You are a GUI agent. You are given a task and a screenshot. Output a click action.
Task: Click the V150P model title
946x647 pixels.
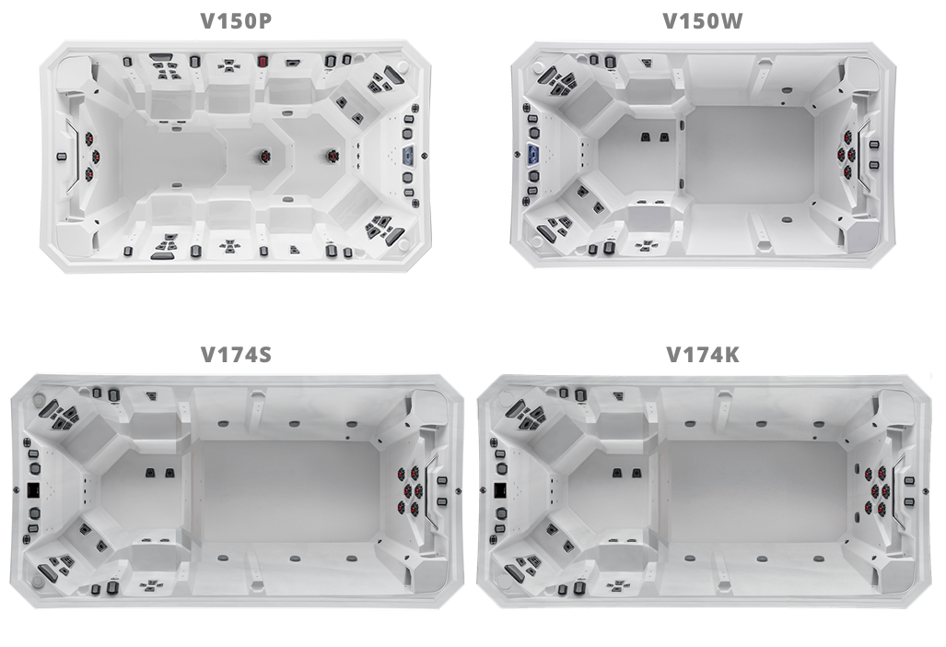point(236,21)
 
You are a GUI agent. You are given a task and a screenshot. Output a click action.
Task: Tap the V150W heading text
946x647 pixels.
point(703,21)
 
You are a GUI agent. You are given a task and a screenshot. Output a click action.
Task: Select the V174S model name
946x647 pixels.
point(236,354)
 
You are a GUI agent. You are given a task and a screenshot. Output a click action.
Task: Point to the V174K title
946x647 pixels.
point(703,354)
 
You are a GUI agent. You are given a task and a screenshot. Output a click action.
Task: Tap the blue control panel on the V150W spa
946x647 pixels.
point(533,154)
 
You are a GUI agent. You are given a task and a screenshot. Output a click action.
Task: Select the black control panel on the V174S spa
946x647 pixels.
point(33,489)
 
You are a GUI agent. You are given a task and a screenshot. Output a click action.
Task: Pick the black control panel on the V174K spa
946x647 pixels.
point(500,489)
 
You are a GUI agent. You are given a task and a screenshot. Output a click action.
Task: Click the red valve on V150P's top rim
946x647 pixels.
point(263,61)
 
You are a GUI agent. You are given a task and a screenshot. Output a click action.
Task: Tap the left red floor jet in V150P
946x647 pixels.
point(264,157)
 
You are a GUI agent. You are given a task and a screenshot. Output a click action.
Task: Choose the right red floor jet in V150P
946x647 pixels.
point(332,156)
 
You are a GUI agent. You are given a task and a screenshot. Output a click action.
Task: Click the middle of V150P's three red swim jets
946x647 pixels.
point(95,157)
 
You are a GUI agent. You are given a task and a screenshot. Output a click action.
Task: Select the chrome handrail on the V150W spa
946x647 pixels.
point(864,155)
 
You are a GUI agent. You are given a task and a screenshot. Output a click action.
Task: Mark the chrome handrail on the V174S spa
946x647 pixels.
point(431,489)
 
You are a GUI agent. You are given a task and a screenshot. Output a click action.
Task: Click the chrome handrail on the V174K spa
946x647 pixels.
point(898,489)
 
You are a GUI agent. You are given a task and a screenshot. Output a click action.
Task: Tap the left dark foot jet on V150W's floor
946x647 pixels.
point(645,136)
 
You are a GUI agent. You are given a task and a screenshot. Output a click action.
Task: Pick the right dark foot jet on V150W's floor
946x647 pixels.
point(664,136)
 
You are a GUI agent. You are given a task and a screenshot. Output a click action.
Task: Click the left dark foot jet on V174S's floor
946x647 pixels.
point(150,473)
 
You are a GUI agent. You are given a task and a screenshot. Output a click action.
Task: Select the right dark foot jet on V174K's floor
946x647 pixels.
point(637,473)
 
